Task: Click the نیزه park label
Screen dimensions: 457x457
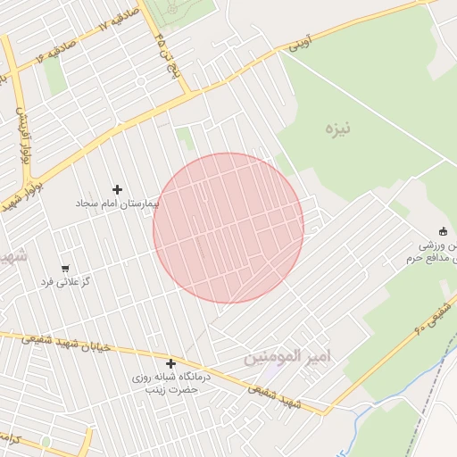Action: pos(338,129)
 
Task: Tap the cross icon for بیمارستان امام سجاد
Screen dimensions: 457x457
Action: pos(117,189)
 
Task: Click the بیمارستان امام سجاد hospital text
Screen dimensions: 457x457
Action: pos(117,204)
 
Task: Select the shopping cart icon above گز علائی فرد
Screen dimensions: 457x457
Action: pos(65,268)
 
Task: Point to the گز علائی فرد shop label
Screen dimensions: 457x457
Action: pos(62,282)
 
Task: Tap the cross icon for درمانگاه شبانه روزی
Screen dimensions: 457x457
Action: pos(170,363)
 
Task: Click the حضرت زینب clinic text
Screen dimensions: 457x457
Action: pos(170,391)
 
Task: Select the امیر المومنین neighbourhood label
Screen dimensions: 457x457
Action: pos(287,357)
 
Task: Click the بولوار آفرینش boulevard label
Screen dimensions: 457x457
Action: pos(20,134)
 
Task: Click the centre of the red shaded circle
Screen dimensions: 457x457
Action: pos(228,228)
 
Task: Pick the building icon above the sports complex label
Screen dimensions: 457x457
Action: pos(442,230)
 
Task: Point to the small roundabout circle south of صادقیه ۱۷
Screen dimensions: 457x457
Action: pos(141,81)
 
